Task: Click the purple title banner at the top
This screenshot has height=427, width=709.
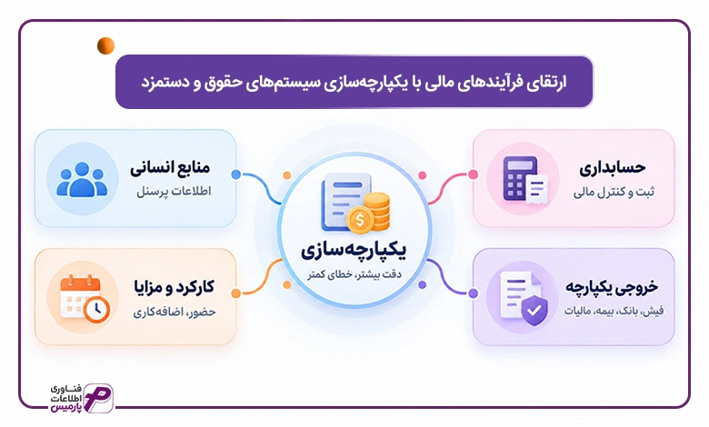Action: coord(354,82)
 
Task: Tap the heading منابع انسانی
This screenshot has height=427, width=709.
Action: coord(170,168)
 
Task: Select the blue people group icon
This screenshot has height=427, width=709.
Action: coord(82,179)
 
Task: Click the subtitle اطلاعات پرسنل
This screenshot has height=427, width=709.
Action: coord(175,192)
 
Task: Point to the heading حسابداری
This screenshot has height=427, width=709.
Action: coord(613,168)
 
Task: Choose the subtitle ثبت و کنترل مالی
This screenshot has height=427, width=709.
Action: coord(614,193)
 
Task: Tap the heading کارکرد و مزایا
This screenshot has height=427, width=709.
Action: coord(175,287)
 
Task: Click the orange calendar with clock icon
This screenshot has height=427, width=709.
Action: coord(85,298)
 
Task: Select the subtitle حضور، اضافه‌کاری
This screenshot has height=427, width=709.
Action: coord(175,312)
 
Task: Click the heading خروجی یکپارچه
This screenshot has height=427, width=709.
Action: coord(612,287)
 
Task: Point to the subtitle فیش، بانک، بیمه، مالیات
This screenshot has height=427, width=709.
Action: coord(614,312)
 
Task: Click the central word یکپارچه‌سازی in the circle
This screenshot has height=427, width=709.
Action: coord(354,250)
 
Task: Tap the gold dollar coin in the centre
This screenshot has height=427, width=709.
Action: coord(360,221)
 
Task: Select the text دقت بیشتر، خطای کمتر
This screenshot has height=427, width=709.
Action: coord(354,273)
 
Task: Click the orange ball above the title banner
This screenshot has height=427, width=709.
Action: coord(105,45)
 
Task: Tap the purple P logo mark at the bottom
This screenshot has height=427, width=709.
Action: coord(98,397)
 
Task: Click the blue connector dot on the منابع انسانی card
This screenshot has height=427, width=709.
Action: coord(235,174)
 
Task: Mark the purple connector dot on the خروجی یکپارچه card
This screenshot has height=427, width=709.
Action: coord(473,293)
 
